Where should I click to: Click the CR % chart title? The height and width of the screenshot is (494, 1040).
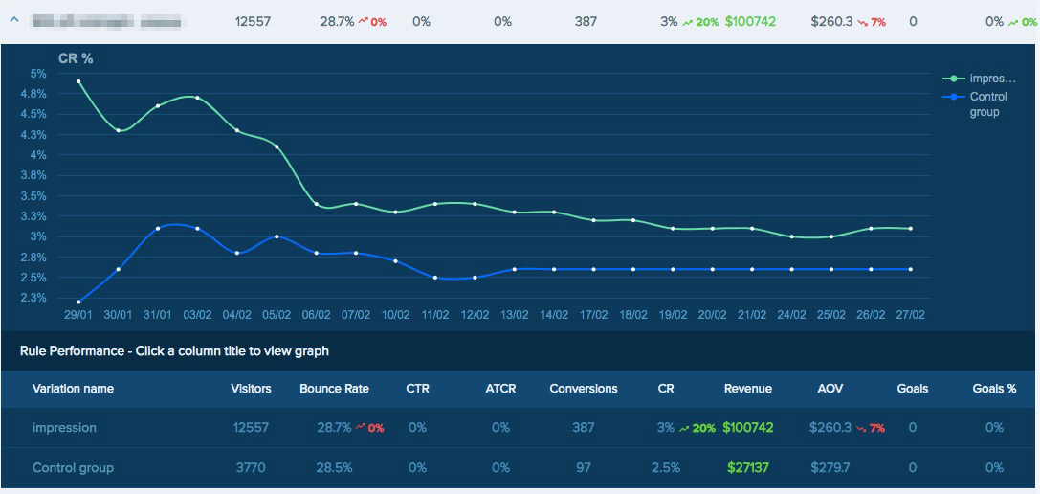tap(76, 58)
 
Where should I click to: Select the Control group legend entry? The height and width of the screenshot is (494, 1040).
tap(984, 104)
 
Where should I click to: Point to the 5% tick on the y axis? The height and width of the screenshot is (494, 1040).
tap(38, 74)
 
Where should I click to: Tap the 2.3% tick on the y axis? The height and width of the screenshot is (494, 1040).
tap(35, 298)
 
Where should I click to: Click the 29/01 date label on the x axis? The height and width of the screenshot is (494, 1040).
tap(78, 314)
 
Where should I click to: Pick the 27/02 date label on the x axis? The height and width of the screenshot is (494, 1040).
tap(910, 314)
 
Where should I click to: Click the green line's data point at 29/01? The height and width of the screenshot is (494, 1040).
tap(78, 81)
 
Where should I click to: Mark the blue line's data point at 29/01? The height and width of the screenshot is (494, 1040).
tap(78, 302)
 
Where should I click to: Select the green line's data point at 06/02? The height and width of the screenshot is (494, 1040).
tap(317, 204)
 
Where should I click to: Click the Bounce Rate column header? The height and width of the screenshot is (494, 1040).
tap(334, 389)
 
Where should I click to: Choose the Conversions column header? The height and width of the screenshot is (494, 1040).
tap(584, 389)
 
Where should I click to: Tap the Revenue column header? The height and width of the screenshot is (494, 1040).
tap(748, 389)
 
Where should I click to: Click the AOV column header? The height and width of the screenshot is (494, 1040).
tap(830, 389)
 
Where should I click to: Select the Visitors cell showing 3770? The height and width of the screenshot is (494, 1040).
tap(252, 468)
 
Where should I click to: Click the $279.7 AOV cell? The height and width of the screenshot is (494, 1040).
tap(830, 468)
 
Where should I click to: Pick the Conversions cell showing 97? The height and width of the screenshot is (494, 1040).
tap(584, 468)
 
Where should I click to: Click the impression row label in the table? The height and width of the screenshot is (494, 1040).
tap(64, 428)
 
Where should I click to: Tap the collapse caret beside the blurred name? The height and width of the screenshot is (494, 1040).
tap(13, 21)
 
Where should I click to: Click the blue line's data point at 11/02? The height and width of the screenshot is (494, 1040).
tap(435, 278)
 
